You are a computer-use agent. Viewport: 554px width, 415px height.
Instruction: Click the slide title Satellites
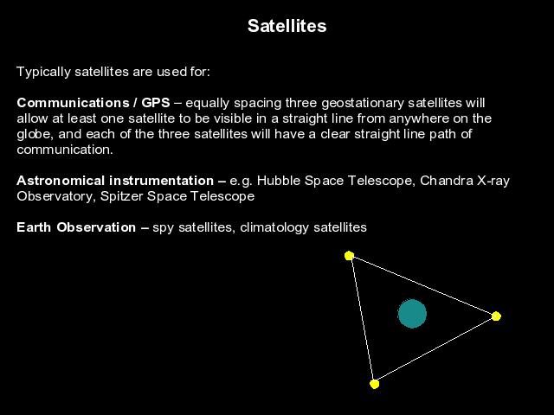pyautogui.click(x=287, y=26)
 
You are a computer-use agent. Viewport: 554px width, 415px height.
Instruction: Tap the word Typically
pyautogui.click(x=43, y=72)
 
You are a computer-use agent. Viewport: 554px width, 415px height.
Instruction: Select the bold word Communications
pyautogui.click(x=73, y=103)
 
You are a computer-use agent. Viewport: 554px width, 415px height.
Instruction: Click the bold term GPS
pyautogui.click(x=156, y=103)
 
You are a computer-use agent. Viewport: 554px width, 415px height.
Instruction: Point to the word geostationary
pyautogui.click(x=363, y=104)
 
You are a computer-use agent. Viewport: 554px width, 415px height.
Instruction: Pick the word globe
pyautogui.click(x=35, y=134)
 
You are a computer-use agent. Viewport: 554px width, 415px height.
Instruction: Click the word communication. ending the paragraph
pyautogui.click(x=65, y=150)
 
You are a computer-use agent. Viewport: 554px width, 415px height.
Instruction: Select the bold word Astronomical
pyautogui.click(x=61, y=181)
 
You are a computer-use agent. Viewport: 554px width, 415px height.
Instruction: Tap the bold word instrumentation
pyautogui.click(x=162, y=181)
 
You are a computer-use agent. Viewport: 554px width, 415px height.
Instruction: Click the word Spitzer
pyautogui.click(x=122, y=196)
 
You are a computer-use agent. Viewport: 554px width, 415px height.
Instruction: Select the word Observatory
pyautogui.click(x=56, y=196)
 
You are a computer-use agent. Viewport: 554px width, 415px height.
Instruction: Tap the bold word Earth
pyautogui.click(x=34, y=227)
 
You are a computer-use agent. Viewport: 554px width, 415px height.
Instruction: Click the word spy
pyautogui.click(x=164, y=228)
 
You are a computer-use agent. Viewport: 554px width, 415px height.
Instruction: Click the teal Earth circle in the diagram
pyautogui.click(x=412, y=314)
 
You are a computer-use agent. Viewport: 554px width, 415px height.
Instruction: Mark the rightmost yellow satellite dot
pyautogui.click(x=496, y=316)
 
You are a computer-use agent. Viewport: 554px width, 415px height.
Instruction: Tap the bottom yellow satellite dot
pyautogui.click(x=375, y=384)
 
